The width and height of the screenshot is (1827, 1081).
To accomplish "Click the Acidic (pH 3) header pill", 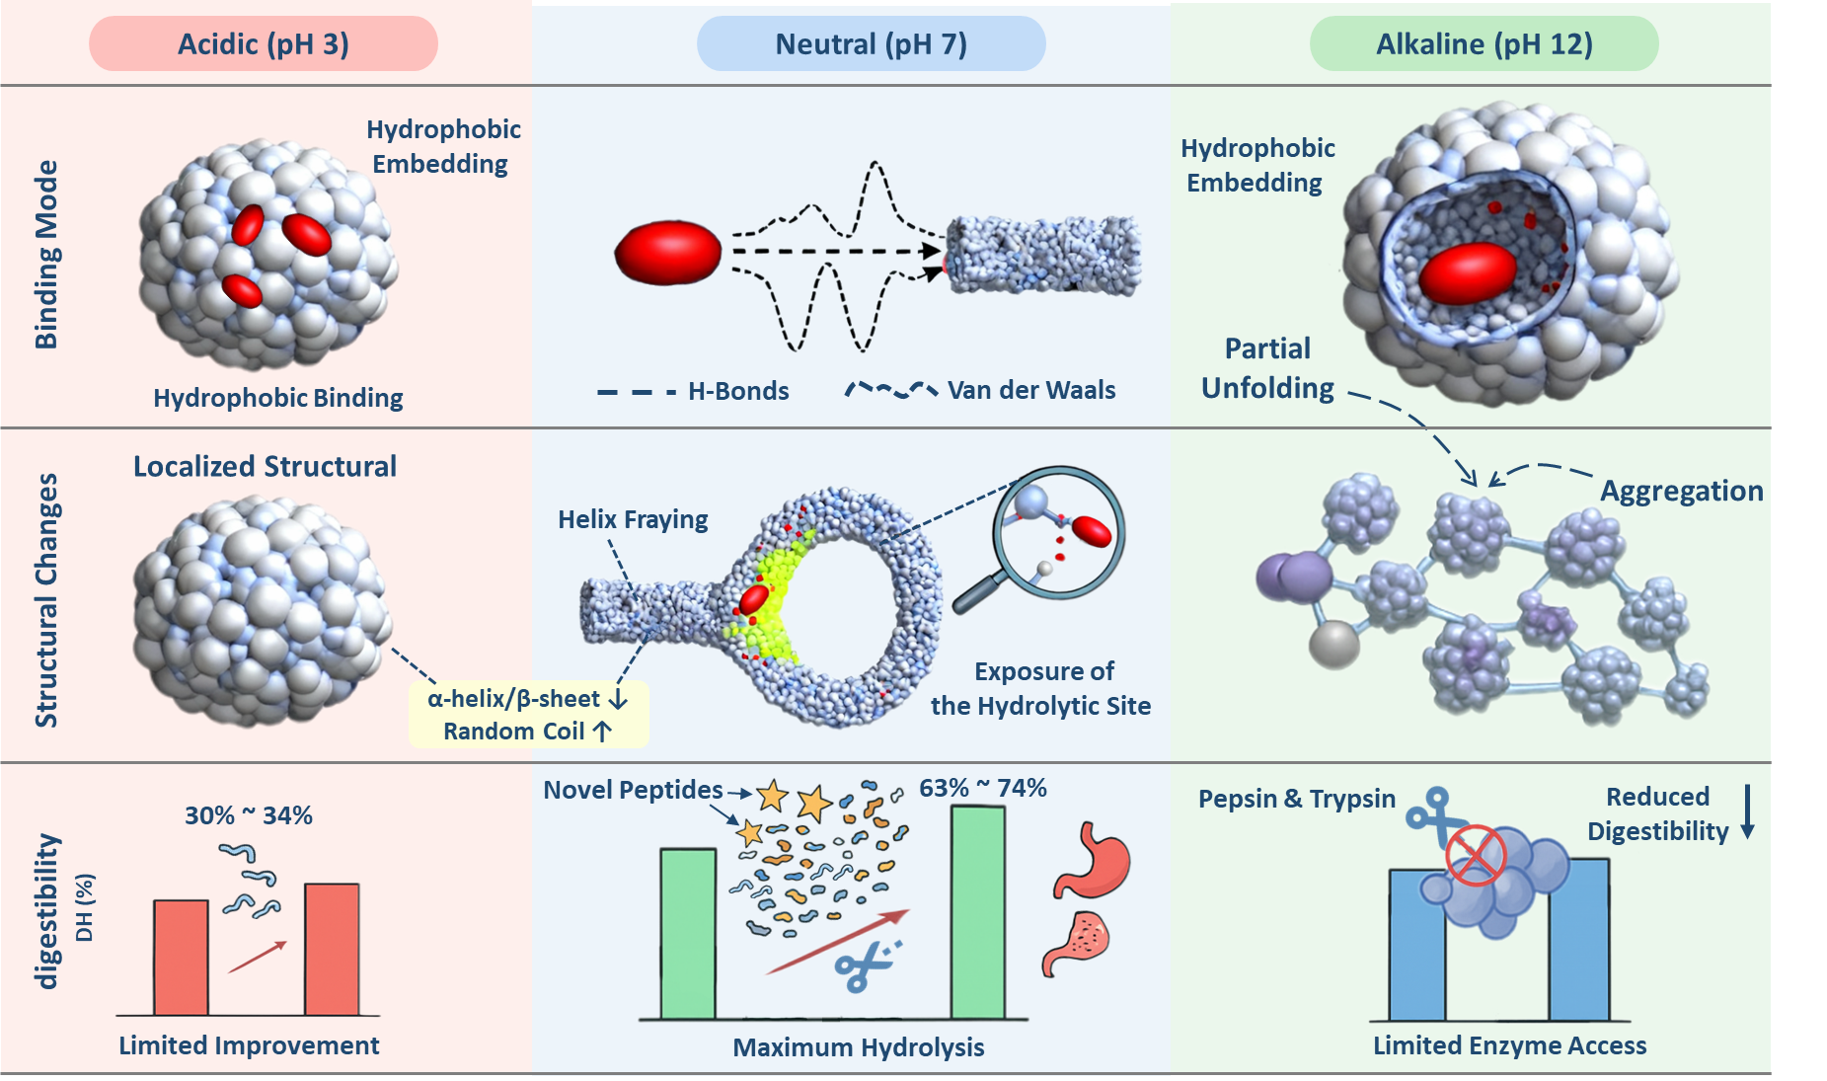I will click(264, 44).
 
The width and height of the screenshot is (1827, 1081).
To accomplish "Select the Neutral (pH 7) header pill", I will click(871, 44).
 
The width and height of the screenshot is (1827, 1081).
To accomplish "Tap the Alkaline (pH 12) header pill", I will click(1484, 44).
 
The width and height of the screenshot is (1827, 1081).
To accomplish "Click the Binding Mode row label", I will click(46, 255).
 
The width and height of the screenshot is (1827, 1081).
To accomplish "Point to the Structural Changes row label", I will click(46, 600).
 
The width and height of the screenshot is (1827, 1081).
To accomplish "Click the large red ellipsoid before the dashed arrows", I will click(668, 253).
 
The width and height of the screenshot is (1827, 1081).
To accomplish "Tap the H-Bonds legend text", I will click(737, 392).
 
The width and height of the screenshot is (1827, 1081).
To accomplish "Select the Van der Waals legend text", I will click(1030, 391).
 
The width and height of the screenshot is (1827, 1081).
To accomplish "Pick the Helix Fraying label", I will click(633, 519).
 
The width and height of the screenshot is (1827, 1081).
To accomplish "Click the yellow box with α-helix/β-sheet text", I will click(528, 714).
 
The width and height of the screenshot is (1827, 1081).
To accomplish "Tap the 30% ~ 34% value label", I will click(249, 815).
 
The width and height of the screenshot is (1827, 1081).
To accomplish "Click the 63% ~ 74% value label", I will click(982, 788).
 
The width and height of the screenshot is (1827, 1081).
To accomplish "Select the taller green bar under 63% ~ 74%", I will click(977, 912).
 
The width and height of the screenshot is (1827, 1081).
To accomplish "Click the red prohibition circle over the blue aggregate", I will click(1476, 854).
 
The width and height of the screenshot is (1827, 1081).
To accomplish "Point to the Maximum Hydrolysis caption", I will click(858, 1047).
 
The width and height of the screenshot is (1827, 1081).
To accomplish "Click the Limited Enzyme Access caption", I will click(1509, 1045).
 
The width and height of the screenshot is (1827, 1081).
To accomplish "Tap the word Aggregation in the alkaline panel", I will click(1681, 491).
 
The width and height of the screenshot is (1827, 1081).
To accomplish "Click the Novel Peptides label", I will click(633, 790).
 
